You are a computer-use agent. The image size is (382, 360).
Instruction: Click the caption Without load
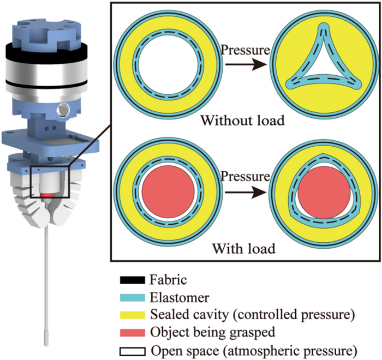tap(242, 120)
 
